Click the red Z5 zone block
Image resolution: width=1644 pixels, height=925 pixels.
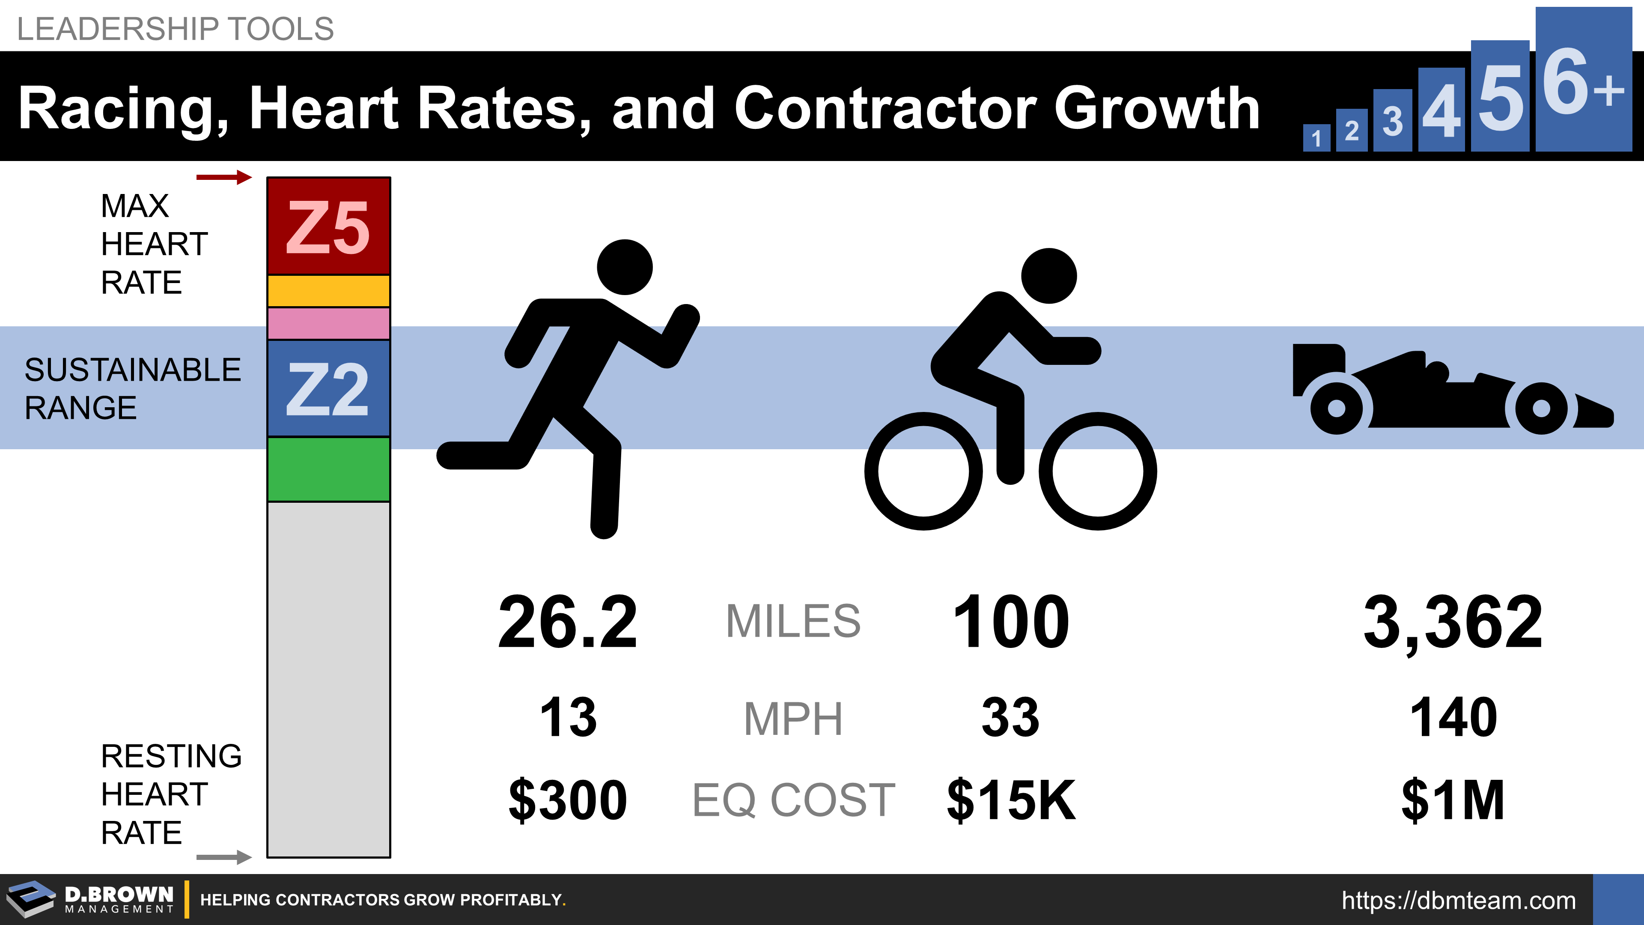coord(328,226)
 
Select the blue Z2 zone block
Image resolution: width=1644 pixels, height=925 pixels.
coord(328,388)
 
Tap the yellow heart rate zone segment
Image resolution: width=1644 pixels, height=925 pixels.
coord(328,291)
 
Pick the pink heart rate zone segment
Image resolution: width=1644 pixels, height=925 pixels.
coord(328,323)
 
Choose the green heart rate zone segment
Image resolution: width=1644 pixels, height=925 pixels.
coord(328,469)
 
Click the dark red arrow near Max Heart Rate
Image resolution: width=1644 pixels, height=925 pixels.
coord(223,177)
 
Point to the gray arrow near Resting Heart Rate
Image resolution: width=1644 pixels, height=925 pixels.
coord(223,856)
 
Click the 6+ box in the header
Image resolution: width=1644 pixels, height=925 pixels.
coord(1583,80)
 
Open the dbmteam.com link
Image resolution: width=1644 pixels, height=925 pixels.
coord(1458,900)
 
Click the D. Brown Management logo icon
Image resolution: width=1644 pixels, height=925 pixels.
coord(31,899)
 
